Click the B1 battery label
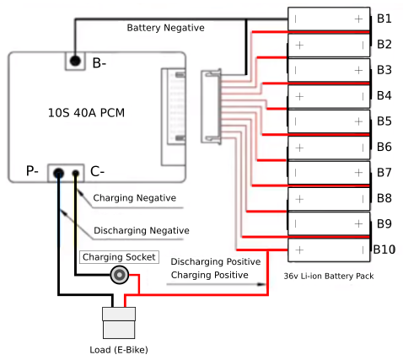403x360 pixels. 384,18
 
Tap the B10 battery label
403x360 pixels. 384,250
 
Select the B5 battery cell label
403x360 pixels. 384,121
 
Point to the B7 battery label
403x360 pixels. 384,172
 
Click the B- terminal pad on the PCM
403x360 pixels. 76,62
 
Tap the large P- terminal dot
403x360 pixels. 58,174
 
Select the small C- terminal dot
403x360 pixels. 76,174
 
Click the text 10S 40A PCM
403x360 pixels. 87,112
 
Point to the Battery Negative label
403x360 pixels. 165,28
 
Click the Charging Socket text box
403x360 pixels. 118,256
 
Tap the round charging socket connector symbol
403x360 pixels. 121,274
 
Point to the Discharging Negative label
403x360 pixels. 141,230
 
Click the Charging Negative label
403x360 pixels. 134,198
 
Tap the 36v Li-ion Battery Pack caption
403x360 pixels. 329,276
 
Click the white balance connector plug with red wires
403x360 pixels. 211,107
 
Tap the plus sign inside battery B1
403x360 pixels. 358,18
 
